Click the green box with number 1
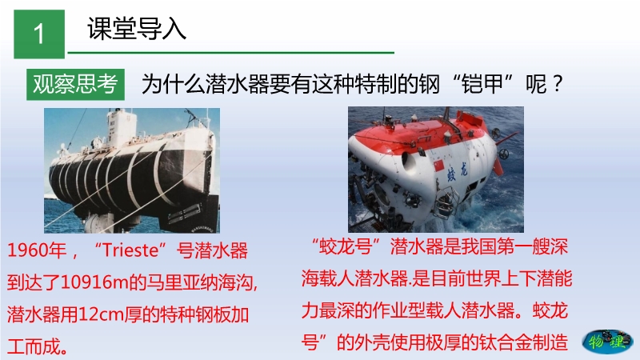coord(39,34)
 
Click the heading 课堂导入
coord(137,29)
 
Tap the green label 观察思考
coord(75,85)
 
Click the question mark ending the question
coord(557,84)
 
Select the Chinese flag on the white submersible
coord(438,165)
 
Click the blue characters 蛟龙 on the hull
coord(457,170)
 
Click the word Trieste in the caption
coord(130,250)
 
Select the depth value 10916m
coord(94,282)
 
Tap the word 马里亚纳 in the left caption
coord(182,282)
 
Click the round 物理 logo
coord(608,342)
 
